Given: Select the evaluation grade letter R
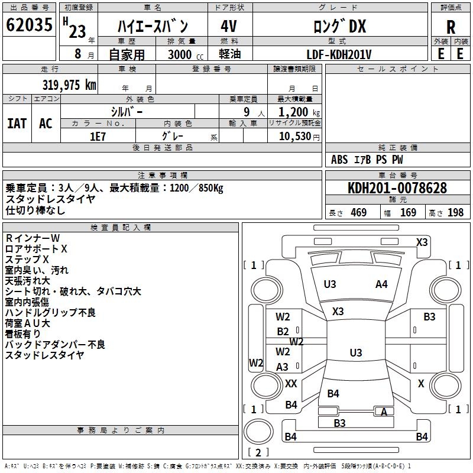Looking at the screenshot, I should pos(451,27).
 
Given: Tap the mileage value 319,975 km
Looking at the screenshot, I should pos(69,85).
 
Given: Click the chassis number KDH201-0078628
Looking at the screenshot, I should pos(397,189).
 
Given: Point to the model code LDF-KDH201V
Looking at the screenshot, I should pos(339,54).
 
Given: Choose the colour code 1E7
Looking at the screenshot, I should pos(98,136).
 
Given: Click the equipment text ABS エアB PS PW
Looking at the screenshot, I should pos(368,160).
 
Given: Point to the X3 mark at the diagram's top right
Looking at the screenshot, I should pos(422,242).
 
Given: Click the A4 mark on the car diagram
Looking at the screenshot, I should pos(382,284).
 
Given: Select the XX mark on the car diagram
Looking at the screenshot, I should pos(291,384).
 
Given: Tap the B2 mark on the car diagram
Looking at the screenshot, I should pos(283,332).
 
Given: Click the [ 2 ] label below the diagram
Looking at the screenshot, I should pos(258,452).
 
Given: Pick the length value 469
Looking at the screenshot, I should pos(358,213).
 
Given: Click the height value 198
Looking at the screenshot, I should pos(455,213).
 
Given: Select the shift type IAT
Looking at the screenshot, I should pos(17,123).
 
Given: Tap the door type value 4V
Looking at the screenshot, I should pos(229,27).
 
